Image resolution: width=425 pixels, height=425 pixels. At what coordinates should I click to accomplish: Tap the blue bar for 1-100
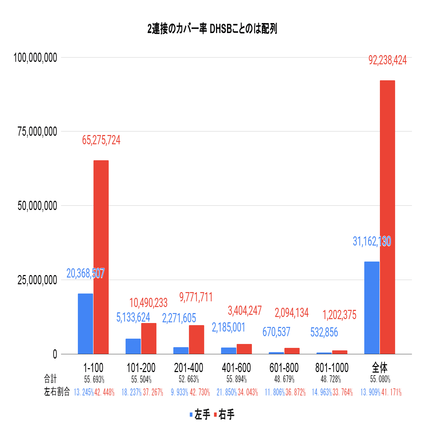click(x=85, y=323)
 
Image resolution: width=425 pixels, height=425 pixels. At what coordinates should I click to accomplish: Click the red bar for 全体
click(x=387, y=217)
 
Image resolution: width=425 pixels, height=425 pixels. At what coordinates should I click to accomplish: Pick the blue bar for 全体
click(x=372, y=307)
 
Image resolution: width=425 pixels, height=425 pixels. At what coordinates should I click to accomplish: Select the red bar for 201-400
click(x=197, y=339)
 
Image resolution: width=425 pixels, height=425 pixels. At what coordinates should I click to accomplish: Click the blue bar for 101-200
click(x=133, y=346)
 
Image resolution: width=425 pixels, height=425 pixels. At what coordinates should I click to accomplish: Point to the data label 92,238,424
click(x=387, y=60)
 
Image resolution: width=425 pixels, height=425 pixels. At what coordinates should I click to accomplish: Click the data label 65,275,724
click(x=101, y=140)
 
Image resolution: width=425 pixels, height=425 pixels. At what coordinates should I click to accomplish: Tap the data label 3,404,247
click(x=244, y=311)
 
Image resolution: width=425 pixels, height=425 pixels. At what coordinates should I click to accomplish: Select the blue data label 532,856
click(x=324, y=332)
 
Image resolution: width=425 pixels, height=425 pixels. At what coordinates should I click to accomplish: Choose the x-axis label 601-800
click(x=284, y=367)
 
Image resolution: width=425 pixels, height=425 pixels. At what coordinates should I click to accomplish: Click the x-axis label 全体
click(x=380, y=367)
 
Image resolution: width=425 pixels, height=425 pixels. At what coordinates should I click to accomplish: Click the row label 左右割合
click(x=57, y=392)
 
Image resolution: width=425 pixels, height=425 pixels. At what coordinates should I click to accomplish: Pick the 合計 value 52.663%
click(x=189, y=379)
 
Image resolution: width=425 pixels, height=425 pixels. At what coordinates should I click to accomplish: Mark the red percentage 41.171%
click(x=391, y=392)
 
